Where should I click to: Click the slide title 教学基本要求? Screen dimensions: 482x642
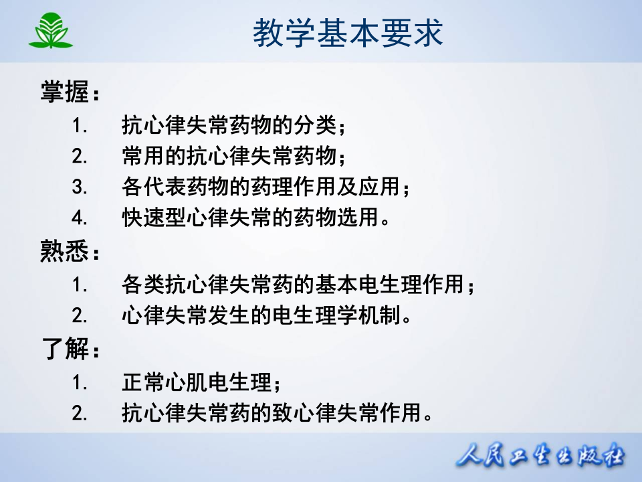pyautogui.click(x=348, y=33)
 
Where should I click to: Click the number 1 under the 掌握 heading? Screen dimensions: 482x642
pyautogui.click(x=80, y=125)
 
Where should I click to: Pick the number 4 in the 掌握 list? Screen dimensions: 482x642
pyautogui.click(x=80, y=218)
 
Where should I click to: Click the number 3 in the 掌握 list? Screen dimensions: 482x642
pyautogui.click(x=80, y=187)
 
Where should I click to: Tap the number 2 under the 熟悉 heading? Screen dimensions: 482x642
pyautogui.click(x=80, y=315)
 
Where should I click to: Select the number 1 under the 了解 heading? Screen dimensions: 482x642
pyautogui.click(x=80, y=383)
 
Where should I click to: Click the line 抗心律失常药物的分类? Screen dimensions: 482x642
pyautogui.click(x=234, y=125)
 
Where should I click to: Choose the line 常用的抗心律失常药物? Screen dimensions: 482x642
pyautogui.click(x=234, y=156)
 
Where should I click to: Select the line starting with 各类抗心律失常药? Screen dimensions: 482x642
pyautogui.click(x=298, y=285)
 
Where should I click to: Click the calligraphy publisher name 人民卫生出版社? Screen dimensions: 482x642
pyautogui.click(x=542, y=457)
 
